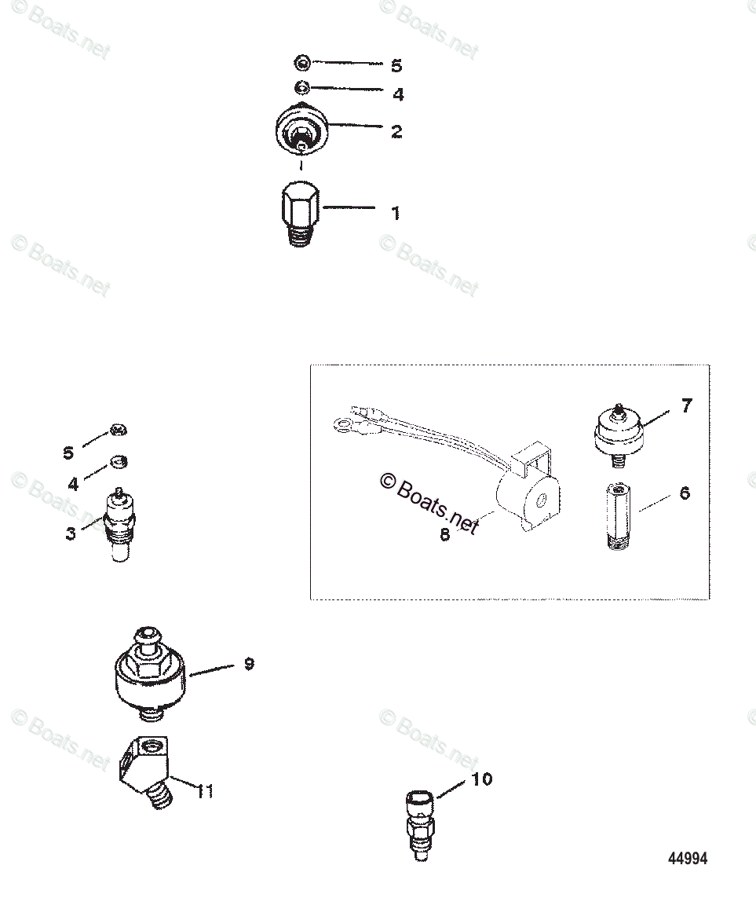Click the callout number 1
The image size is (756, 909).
tap(396, 213)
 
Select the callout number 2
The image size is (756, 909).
tap(396, 131)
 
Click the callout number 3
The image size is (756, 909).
tap(71, 534)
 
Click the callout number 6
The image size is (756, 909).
tap(685, 494)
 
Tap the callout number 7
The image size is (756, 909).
tap(686, 406)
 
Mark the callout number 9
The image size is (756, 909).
tap(249, 664)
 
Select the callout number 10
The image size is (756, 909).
tap(482, 779)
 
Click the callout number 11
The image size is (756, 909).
tap(205, 791)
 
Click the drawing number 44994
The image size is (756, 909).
tap(688, 859)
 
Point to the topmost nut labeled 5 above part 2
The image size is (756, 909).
tap(302, 61)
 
